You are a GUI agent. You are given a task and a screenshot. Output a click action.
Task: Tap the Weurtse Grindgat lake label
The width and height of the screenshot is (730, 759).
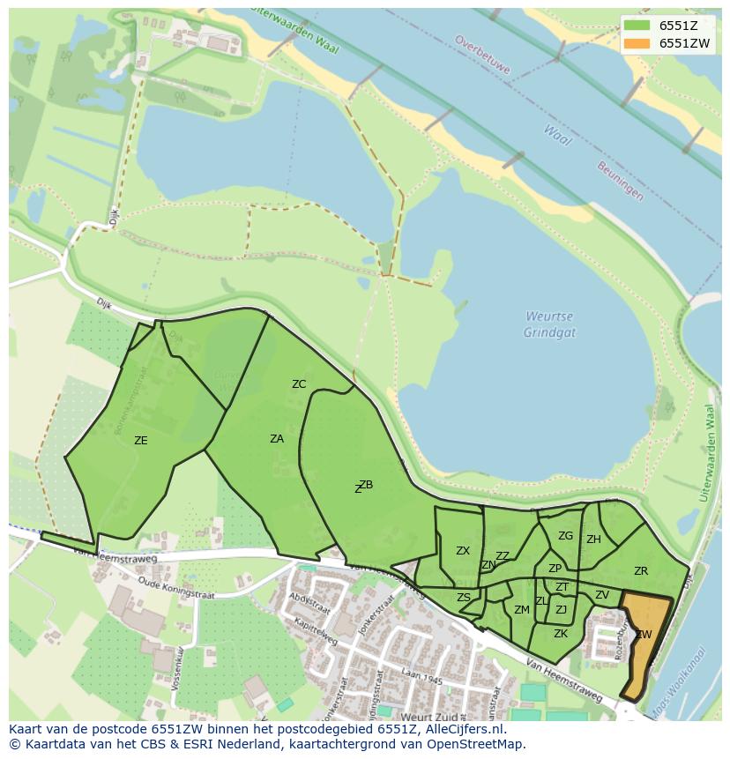pos(549,324)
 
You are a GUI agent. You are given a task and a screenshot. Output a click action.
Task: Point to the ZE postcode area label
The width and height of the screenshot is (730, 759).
pos(140,441)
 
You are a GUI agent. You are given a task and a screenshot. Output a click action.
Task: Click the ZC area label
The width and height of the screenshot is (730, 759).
pos(299,384)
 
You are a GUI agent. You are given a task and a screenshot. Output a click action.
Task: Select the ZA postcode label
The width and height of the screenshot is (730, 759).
pos(277,439)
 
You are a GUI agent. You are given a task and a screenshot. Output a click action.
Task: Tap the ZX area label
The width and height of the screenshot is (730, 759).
pos(463,551)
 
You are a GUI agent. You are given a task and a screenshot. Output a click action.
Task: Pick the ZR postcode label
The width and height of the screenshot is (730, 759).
pos(641,571)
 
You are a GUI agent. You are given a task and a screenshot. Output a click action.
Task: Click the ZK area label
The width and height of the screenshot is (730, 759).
pos(561,634)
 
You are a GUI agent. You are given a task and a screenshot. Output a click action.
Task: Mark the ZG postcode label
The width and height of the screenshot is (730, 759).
pos(565,536)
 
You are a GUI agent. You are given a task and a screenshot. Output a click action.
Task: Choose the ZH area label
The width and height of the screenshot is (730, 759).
pos(593,539)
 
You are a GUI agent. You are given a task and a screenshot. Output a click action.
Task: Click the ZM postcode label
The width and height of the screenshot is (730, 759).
pos(522,610)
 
